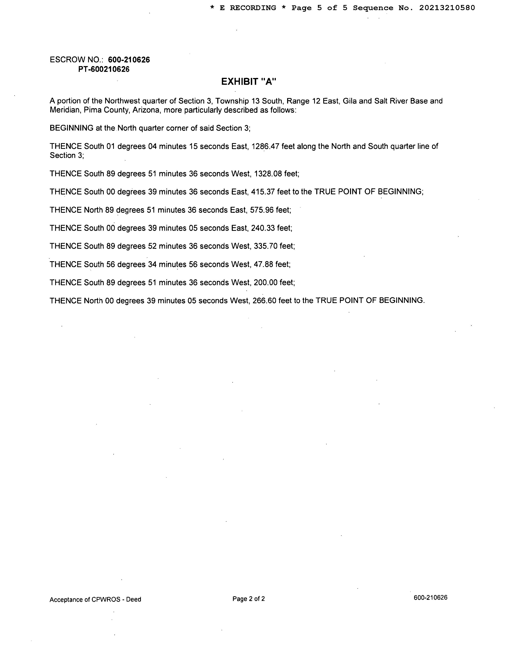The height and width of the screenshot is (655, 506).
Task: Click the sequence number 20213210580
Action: pyautogui.click(x=447, y=8)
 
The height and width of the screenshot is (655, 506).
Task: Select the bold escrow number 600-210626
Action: pyautogui.click(x=129, y=60)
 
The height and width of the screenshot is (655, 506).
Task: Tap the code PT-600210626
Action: pyautogui.click(x=104, y=69)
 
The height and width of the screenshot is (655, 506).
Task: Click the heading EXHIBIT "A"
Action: pyautogui.click(x=248, y=82)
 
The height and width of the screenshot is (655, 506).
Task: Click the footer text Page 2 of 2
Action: pyautogui.click(x=248, y=599)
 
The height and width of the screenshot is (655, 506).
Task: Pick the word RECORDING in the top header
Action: pyautogui.click(x=253, y=8)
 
